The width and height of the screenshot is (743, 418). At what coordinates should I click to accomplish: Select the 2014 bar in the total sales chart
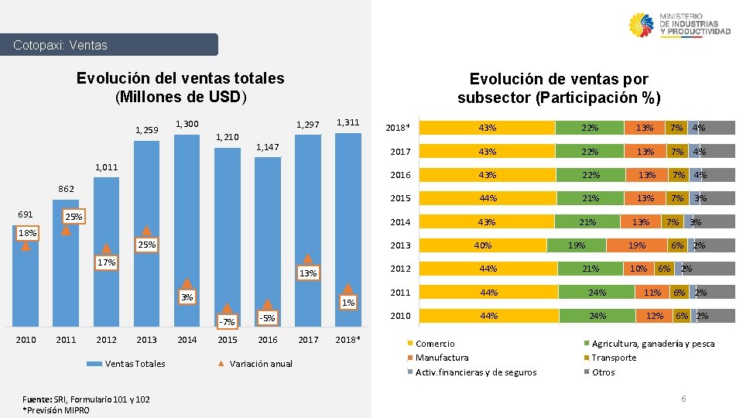187,232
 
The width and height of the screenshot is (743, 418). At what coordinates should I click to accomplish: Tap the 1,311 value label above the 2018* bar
348,122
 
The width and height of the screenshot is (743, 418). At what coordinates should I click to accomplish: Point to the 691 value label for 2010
26,214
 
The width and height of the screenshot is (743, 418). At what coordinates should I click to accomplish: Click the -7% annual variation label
227,322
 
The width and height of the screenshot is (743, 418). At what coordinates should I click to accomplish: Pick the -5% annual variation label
268,318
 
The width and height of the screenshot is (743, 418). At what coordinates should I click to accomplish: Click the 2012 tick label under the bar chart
106,340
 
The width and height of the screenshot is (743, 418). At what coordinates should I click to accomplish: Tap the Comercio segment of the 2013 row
483,245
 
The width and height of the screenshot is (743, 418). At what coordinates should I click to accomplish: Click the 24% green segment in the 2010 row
597,316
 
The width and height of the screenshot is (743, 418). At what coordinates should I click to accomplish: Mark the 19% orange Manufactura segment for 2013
636,245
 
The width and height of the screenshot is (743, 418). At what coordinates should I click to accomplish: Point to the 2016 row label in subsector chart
400,175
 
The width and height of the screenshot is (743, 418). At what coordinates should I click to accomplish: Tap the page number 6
683,398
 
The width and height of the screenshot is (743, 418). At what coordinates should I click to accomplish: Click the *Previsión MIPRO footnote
56,409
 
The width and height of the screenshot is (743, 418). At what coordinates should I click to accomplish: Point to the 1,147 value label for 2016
268,146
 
